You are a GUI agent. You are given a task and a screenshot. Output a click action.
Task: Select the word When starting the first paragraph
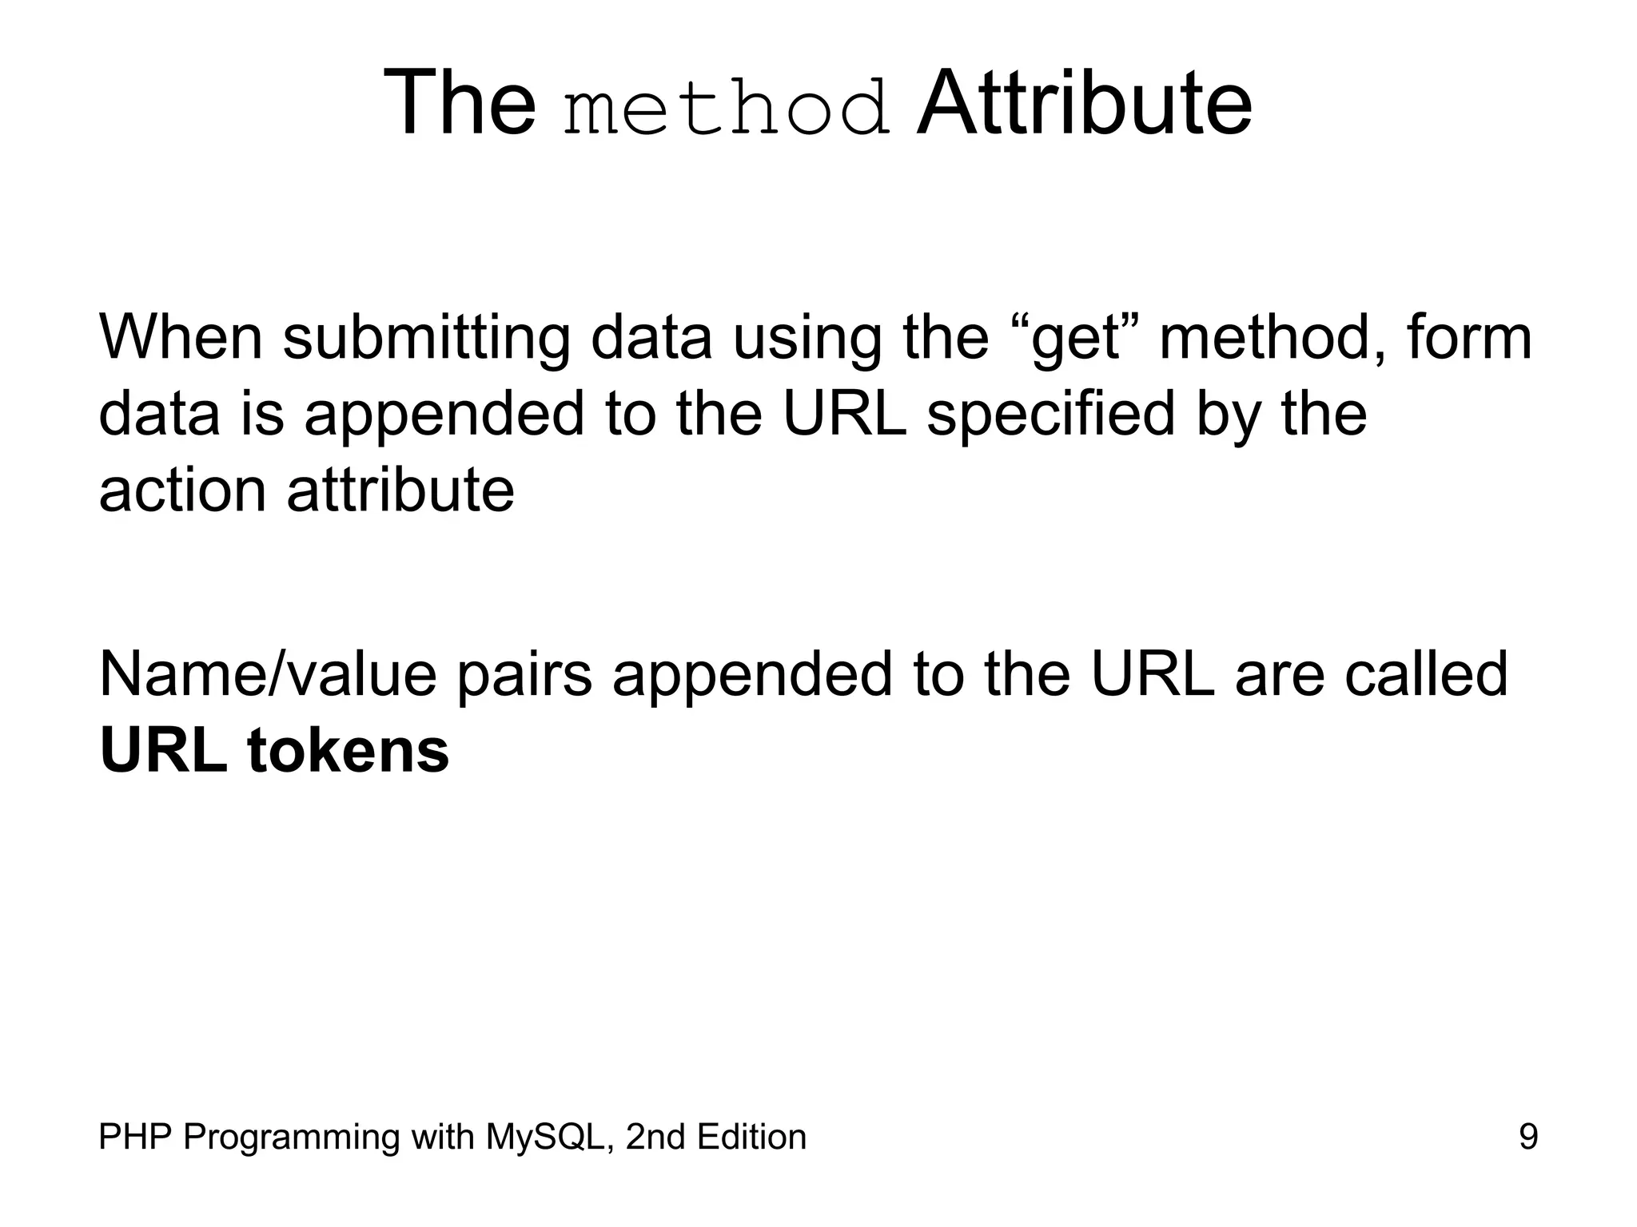[x=181, y=337]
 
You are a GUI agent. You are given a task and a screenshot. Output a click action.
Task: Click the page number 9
[x=1527, y=1137]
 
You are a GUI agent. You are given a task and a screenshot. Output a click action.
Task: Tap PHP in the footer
[x=133, y=1137]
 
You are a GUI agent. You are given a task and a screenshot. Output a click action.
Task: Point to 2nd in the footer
[x=653, y=1137]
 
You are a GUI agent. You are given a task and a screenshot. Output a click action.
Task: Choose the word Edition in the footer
[x=751, y=1137]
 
